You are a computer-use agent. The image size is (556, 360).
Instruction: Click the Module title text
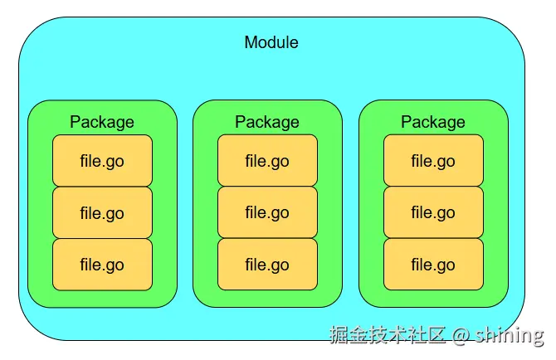(x=271, y=42)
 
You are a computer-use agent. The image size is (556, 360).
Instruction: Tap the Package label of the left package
(x=102, y=122)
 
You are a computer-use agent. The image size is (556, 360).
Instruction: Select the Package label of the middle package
(x=267, y=122)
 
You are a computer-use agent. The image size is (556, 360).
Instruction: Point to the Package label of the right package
(x=433, y=122)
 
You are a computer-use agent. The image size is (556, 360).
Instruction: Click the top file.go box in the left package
(x=102, y=161)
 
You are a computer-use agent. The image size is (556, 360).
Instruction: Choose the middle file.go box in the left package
(x=102, y=213)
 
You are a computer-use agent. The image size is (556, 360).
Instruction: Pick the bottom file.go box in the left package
(x=102, y=265)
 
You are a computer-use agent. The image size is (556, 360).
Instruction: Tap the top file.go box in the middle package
(x=267, y=161)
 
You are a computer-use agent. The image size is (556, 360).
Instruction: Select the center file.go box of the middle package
(x=267, y=213)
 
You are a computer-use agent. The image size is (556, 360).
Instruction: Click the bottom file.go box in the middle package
(x=267, y=265)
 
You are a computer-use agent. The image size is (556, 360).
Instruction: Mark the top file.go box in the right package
(x=433, y=161)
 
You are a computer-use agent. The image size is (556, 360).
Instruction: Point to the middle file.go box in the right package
(x=433, y=213)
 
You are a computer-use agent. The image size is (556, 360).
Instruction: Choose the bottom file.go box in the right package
(x=433, y=265)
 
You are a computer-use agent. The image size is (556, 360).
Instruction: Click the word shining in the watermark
(x=510, y=335)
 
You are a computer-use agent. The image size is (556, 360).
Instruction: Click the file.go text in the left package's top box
(x=102, y=161)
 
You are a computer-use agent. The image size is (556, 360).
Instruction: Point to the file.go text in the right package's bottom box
(x=433, y=265)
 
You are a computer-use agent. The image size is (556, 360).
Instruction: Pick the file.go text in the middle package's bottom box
(x=267, y=265)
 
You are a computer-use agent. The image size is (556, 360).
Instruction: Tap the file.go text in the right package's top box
(x=433, y=161)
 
